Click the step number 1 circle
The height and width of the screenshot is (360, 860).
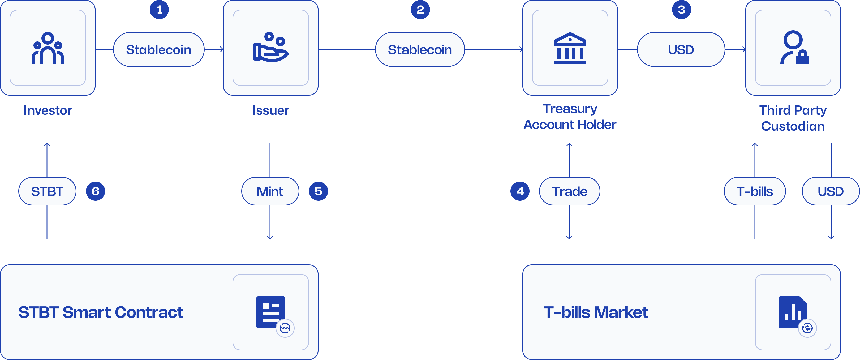[x=159, y=10]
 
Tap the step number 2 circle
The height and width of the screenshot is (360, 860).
[x=420, y=10]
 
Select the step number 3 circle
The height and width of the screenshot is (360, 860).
[x=681, y=10]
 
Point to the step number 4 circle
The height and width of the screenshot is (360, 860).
[x=520, y=191]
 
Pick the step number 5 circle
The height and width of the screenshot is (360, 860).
[x=318, y=191]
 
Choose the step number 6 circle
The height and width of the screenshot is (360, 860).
[x=96, y=191]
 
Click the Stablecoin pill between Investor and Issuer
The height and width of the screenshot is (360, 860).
[x=158, y=49]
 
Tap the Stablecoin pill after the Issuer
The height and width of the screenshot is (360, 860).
[x=420, y=49]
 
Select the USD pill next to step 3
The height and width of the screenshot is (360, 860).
[x=681, y=49]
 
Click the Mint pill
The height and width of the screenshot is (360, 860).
[x=270, y=191]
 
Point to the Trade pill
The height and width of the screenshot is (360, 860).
[x=570, y=191]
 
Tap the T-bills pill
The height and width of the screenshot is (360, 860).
[x=755, y=191]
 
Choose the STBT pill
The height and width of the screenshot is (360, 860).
[x=47, y=191]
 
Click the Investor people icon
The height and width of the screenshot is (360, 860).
[x=48, y=48]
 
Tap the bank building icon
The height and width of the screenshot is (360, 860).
[x=570, y=48]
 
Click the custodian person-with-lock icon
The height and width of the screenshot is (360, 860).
[x=794, y=48]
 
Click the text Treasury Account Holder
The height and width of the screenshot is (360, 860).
[x=570, y=117]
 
